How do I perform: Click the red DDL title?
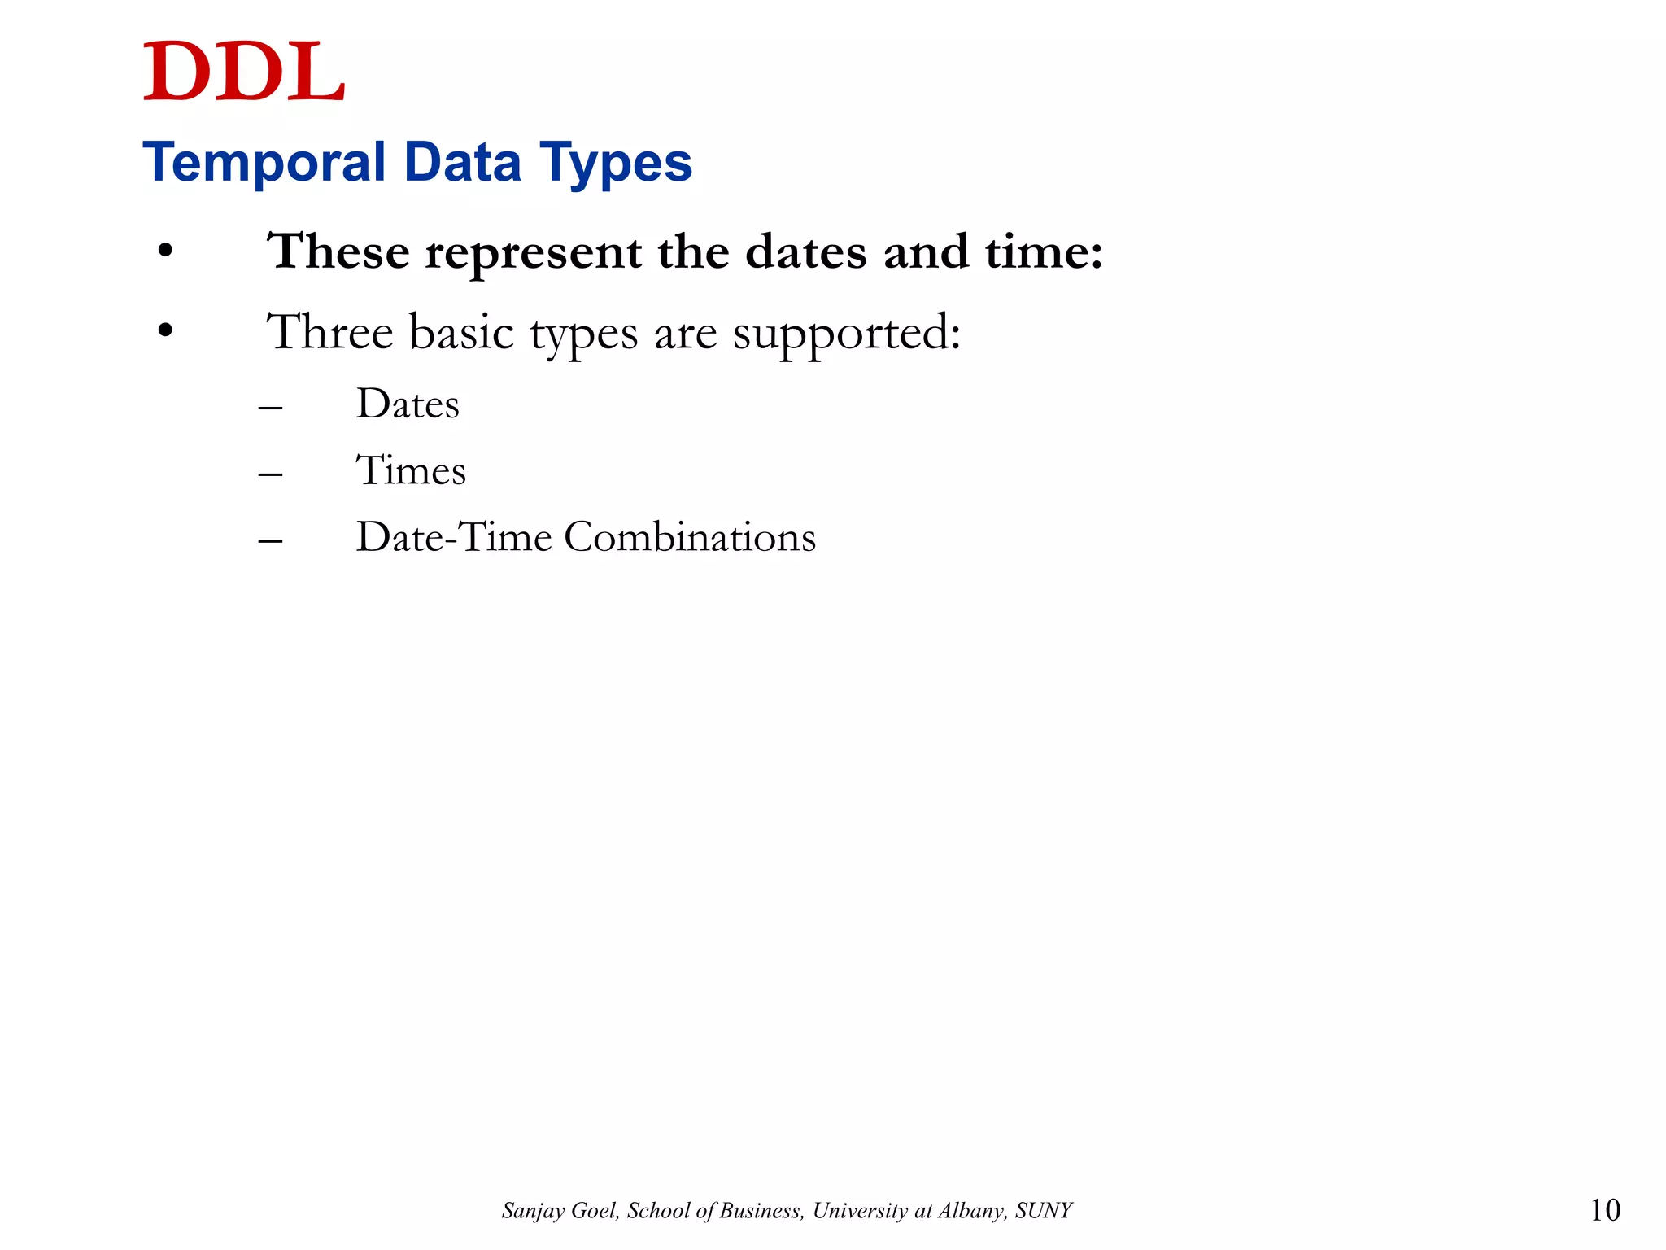point(244,72)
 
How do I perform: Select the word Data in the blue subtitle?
point(462,162)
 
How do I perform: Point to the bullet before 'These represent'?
point(166,252)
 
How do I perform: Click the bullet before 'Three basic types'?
point(166,332)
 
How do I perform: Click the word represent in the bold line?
point(533,252)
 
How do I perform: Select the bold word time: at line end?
point(1045,251)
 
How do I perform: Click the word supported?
point(847,334)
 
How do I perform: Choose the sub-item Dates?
point(408,404)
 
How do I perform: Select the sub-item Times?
point(411,470)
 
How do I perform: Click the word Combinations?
point(690,537)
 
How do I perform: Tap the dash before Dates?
point(271,407)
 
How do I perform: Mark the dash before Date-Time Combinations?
point(271,540)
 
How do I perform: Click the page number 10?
point(1605,1210)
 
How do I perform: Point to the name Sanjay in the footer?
point(530,1211)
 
